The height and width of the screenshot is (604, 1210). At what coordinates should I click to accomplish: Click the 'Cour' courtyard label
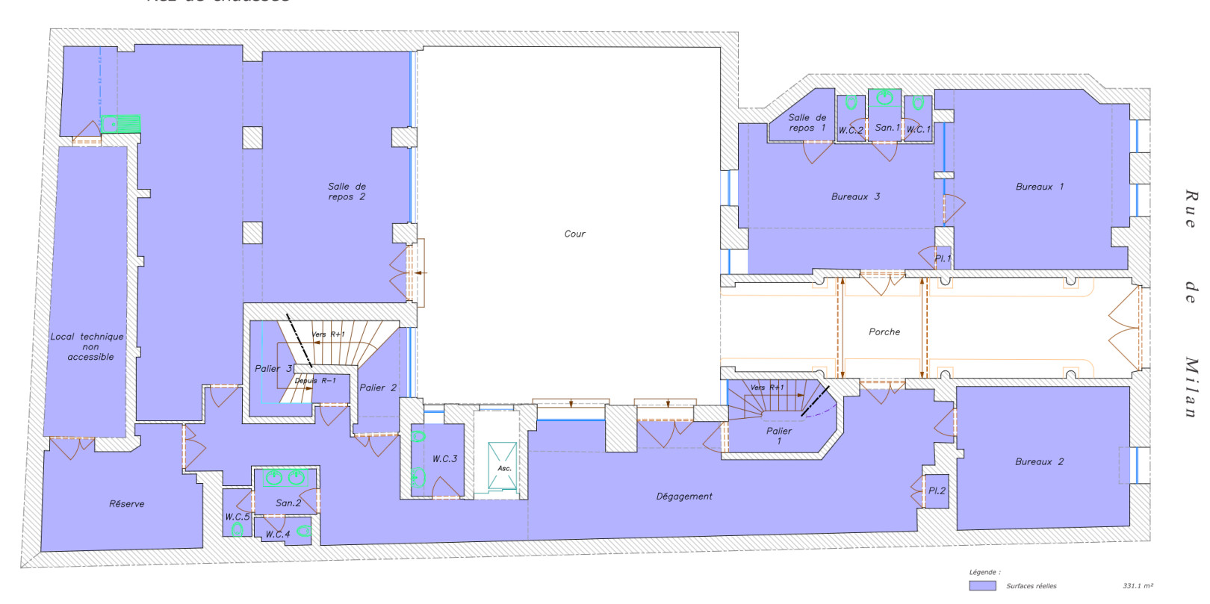[x=574, y=234]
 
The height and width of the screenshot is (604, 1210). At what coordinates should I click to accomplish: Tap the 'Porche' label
[x=884, y=331]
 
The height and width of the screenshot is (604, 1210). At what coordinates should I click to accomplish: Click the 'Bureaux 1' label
[x=1039, y=187]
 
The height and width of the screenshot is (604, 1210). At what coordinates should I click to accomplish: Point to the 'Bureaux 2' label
[x=1039, y=461]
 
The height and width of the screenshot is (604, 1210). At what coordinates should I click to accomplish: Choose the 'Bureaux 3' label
[x=855, y=196]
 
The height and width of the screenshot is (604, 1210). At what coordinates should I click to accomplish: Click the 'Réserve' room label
[x=126, y=504]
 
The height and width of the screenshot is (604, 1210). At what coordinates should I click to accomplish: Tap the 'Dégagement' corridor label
[x=683, y=496]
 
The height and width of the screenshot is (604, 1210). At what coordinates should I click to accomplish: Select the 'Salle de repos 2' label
[x=347, y=192]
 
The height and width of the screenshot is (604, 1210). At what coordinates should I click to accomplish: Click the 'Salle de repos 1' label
[x=807, y=122]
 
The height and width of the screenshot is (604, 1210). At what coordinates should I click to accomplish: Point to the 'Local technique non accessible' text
[x=88, y=346]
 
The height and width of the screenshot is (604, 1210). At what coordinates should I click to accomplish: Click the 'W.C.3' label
[x=444, y=458]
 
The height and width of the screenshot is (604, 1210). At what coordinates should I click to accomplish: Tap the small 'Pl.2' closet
[x=937, y=491]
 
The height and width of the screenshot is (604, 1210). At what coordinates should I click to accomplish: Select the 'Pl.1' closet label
[x=943, y=258]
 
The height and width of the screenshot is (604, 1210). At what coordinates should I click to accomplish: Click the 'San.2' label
[x=288, y=502]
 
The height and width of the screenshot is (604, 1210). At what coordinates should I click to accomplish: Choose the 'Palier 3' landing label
[x=273, y=368]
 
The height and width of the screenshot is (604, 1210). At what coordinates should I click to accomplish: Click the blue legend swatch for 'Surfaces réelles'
[x=982, y=586]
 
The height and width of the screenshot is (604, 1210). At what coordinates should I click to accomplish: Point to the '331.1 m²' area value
[x=1138, y=586]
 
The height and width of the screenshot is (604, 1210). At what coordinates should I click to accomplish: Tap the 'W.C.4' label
[x=277, y=534]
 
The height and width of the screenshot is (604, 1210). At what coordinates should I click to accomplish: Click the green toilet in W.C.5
[x=237, y=530]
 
